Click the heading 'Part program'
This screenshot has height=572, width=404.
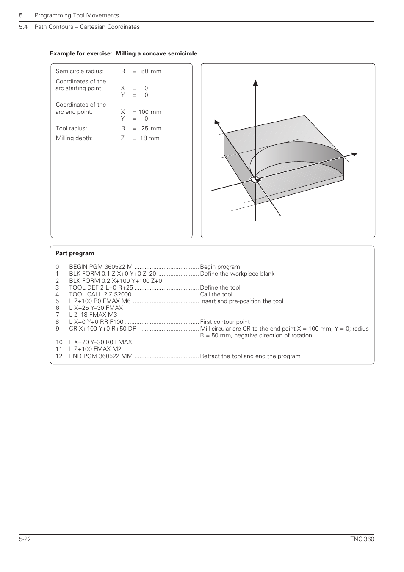tap(75, 253)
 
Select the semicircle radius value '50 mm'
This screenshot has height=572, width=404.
tap(151, 71)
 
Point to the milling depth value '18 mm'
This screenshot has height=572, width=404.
tap(150, 138)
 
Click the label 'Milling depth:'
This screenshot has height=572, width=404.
tap(74, 138)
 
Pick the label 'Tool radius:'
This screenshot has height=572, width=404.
tap(71, 128)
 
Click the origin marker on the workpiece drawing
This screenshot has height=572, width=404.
tap(255, 180)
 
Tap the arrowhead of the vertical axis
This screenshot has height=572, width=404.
tap(255, 83)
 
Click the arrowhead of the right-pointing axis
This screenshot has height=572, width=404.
tap(354, 155)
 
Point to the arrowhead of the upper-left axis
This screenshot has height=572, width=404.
tap(217, 123)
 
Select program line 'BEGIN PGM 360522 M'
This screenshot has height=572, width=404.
tap(101, 267)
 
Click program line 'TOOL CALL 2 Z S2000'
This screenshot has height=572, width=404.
tap(100, 294)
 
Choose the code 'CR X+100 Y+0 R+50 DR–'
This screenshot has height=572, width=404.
tap(104, 329)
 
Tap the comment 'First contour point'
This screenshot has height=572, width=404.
tap(224, 322)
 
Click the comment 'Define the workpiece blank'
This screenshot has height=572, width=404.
tap(237, 274)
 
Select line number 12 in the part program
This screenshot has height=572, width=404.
tap(59, 356)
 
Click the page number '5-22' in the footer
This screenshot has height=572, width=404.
tap(25, 539)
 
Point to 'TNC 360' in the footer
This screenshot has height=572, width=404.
tap(362, 539)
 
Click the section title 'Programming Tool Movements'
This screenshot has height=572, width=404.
tap(77, 15)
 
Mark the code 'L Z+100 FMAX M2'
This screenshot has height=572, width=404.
tap(95, 349)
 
